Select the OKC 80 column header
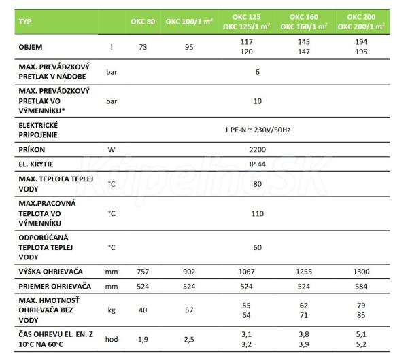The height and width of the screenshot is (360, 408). point(143,21)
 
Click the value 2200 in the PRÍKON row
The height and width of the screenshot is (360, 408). point(257,147)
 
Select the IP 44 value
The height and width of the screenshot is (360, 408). point(257,164)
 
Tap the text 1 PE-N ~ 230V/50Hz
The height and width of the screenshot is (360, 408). point(257,129)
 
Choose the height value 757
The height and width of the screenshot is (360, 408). point(143,271)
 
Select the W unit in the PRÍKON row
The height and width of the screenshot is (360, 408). point(112,147)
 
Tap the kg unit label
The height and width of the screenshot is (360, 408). point(112,310)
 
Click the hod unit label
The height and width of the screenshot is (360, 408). point(112,339)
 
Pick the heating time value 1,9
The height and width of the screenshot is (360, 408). point(143,339)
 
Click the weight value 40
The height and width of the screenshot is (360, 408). point(143,310)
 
